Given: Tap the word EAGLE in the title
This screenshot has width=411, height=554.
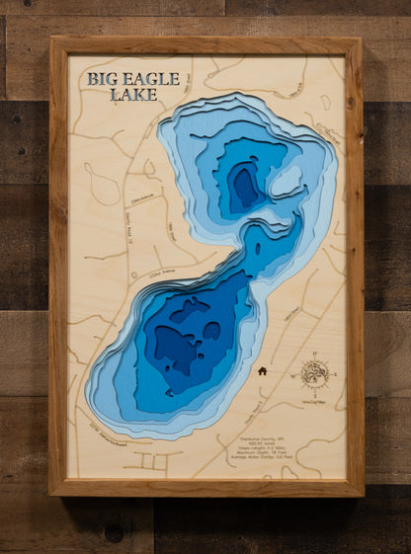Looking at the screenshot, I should click(x=152, y=79).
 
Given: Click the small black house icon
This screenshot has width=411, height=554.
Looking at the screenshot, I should click(x=263, y=371).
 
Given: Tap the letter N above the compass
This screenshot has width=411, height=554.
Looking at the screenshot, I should click(x=314, y=354).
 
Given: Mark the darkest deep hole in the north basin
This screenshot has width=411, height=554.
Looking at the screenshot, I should click(x=242, y=185).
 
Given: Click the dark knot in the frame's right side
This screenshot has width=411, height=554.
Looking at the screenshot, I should click(x=351, y=103).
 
